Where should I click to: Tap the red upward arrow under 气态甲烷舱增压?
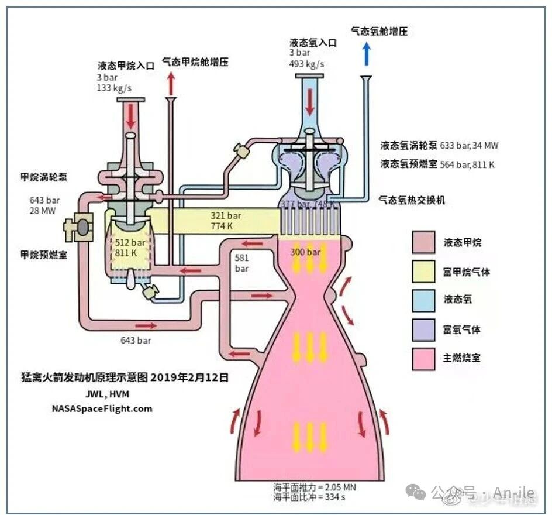[171, 83]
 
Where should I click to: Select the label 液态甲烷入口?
[126, 66]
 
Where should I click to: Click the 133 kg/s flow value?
[115, 88]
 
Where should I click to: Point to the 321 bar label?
[226, 215]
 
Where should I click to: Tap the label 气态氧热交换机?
[412, 200]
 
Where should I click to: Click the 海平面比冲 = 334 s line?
[309, 497]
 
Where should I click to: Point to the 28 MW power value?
[43, 211]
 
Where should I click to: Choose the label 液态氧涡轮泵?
[409, 146]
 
